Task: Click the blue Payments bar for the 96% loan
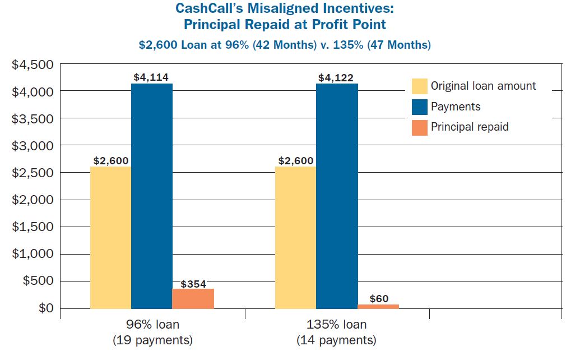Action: coord(151,196)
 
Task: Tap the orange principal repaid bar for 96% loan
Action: coord(193,298)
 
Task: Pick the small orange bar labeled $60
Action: coord(378,306)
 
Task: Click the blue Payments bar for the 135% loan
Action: coord(337,196)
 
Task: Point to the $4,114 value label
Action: coord(151,77)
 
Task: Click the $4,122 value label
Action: coord(336,77)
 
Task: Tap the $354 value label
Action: coord(193,284)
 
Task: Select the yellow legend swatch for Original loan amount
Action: coord(419,86)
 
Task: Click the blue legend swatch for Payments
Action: coord(419,107)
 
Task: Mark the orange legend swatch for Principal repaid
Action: coord(419,127)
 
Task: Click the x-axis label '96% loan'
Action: coord(153,325)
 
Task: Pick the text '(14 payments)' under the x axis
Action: coord(336,340)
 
